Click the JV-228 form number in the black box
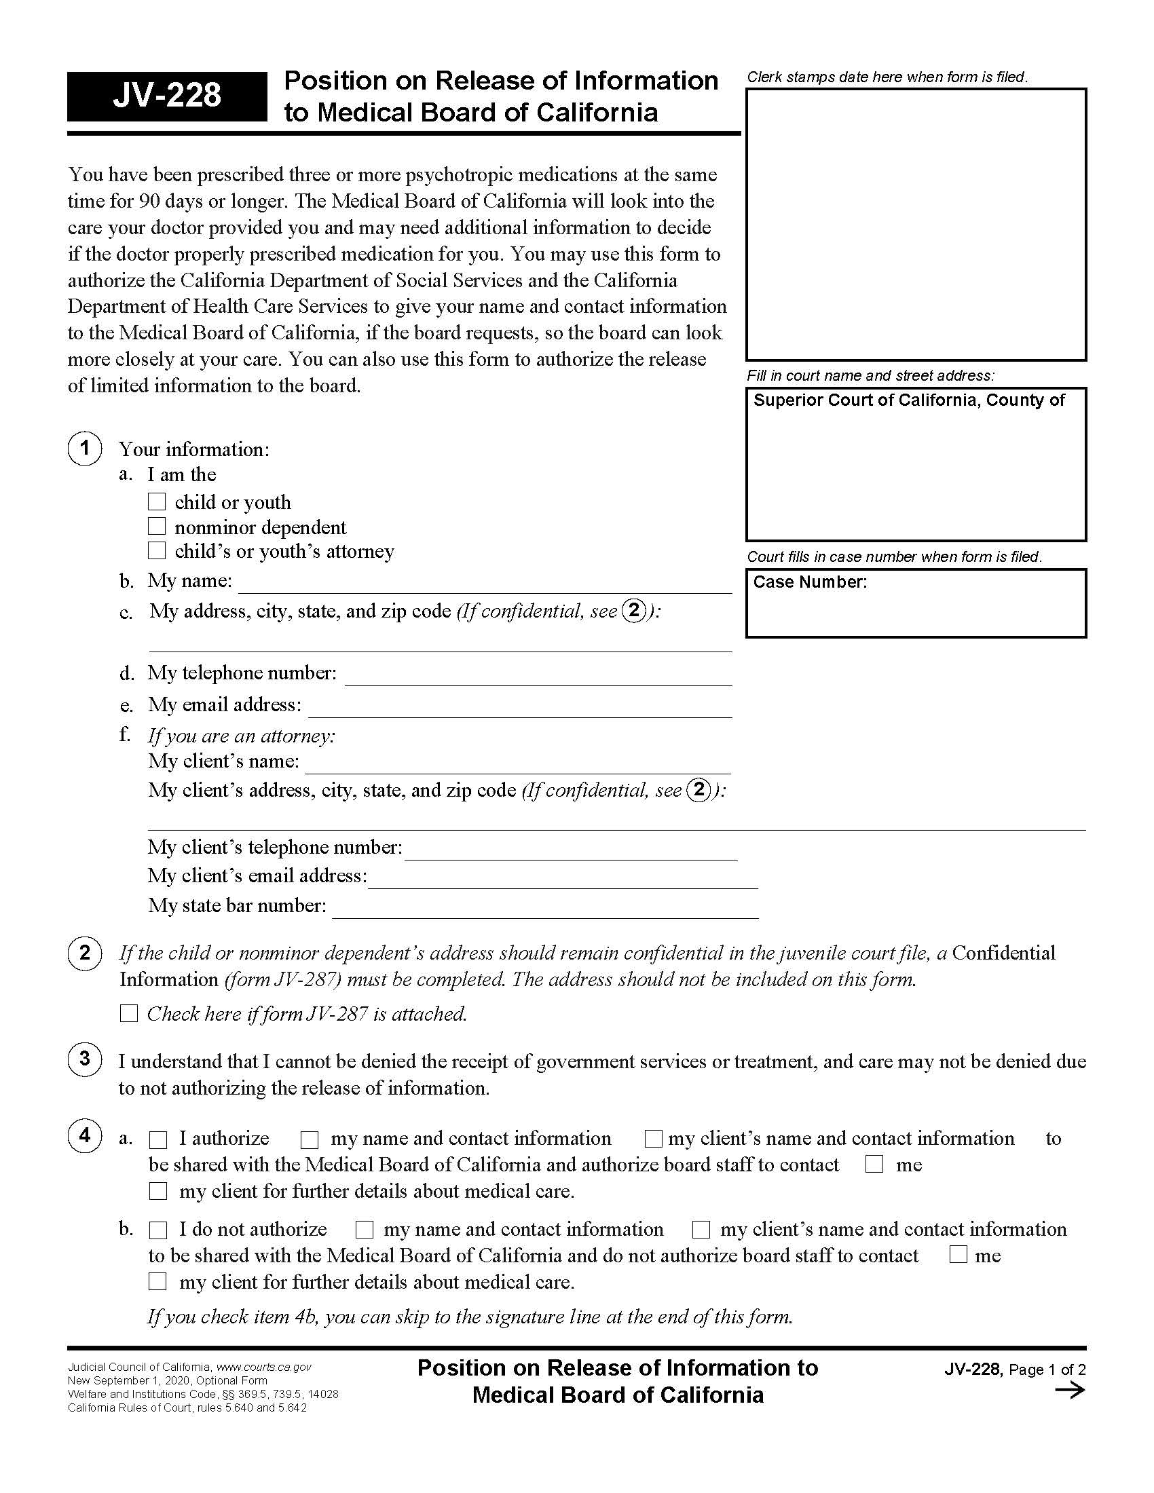click(x=167, y=96)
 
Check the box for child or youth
click(x=157, y=502)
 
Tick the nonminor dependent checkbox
click(x=157, y=527)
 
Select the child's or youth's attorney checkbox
click(x=157, y=550)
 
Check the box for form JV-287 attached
click(x=129, y=1013)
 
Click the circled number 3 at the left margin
click(x=85, y=1059)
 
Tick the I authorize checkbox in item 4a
click(x=159, y=1139)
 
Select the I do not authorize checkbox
click(x=159, y=1230)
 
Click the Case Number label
click(x=809, y=582)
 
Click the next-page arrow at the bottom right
click(x=1070, y=1391)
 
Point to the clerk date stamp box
click(x=916, y=224)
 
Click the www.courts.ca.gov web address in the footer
click(x=264, y=1367)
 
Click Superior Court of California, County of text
click(x=908, y=400)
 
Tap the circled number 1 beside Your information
click(x=85, y=449)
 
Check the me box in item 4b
click(x=958, y=1254)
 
